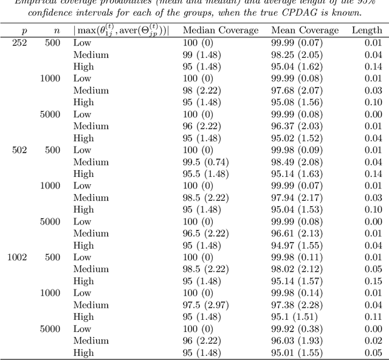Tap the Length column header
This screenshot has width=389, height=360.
(367, 30)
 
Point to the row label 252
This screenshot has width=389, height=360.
(19, 43)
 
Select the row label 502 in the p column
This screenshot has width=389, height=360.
(19, 150)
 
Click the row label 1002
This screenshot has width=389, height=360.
(17, 257)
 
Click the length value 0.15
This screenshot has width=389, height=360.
(374, 281)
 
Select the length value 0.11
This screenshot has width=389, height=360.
(374, 317)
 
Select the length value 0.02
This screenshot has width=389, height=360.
(374, 341)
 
